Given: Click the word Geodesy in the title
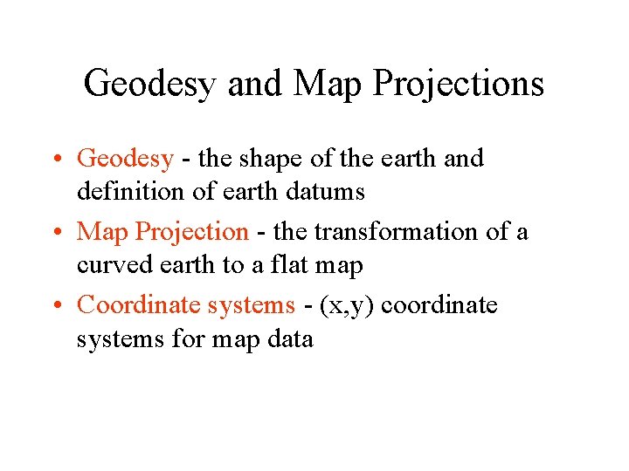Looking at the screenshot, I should pyautogui.click(x=151, y=85).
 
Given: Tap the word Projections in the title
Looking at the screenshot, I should pyautogui.click(x=459, y=85).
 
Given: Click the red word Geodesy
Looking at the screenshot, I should pyautogui.click(x=126, y=159).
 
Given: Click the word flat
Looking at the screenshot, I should pyautogui.click(x=294, y=264).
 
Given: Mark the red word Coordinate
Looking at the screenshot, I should pyautogui.click(x=139, y=305).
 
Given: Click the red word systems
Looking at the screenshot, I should pyautogui.click(x=251, y=305).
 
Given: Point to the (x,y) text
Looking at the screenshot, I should pyautogui.click(x=347, y=305).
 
